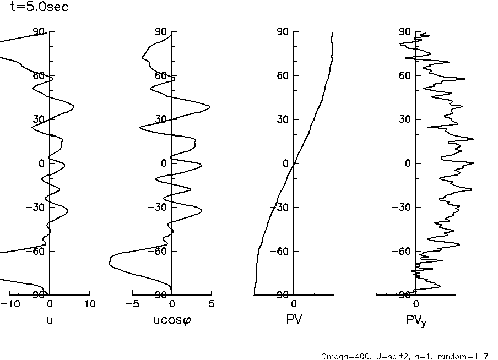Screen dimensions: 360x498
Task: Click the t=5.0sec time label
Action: coord(40,8)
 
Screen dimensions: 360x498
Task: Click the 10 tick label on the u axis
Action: coord(90,304)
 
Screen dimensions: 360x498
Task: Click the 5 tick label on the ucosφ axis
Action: coord(212,304)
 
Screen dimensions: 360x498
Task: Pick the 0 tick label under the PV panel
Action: coord(294,304)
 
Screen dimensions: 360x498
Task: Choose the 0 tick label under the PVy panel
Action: coord(416,304)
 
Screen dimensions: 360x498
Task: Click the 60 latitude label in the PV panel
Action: coord(283,75)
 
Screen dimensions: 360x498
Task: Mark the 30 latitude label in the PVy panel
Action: coord(405,119)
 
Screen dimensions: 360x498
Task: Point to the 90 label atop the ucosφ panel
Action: coord(161,32)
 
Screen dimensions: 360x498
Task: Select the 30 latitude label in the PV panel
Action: coord(283,119)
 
